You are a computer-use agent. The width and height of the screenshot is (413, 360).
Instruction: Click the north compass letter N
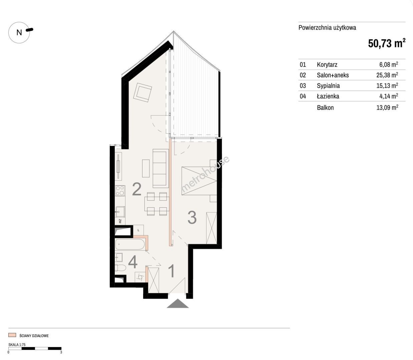tap(19, 32)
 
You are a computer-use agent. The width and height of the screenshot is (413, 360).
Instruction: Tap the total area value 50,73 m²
tap(387, 43)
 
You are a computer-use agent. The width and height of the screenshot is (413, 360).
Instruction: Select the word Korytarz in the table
tap(327, 65)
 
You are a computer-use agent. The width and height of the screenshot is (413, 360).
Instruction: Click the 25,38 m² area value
tap(387, 75)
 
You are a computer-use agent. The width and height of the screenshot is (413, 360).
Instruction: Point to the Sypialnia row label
tap(328, 86)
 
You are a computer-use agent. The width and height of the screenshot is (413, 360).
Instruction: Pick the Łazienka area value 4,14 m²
tap(389, 96)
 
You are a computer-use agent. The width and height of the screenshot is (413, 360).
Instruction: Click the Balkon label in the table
tap(325, 107)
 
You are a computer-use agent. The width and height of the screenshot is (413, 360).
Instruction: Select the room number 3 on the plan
tap(192, 217)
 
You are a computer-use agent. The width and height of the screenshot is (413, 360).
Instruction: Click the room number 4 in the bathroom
tap(133, 262)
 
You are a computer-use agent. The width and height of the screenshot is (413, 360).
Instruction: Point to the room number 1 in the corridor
tap(171, 271)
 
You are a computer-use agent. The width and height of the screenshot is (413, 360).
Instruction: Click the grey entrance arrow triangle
tap(177, 304)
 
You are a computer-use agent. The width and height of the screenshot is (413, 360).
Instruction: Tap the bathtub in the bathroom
tap(130, 244)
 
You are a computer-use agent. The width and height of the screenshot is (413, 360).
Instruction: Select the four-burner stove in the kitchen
tap(120, 191)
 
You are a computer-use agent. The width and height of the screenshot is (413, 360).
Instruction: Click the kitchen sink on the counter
tap(120, 212)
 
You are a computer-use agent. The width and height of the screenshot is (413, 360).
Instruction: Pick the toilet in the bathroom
tap(120, 268)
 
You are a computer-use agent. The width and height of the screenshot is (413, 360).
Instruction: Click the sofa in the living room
tap(160, 168)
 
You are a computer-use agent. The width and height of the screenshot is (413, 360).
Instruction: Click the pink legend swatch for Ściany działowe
tap(12, 335)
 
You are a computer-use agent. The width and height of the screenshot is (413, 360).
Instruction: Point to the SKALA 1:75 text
tap(17, 345)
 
